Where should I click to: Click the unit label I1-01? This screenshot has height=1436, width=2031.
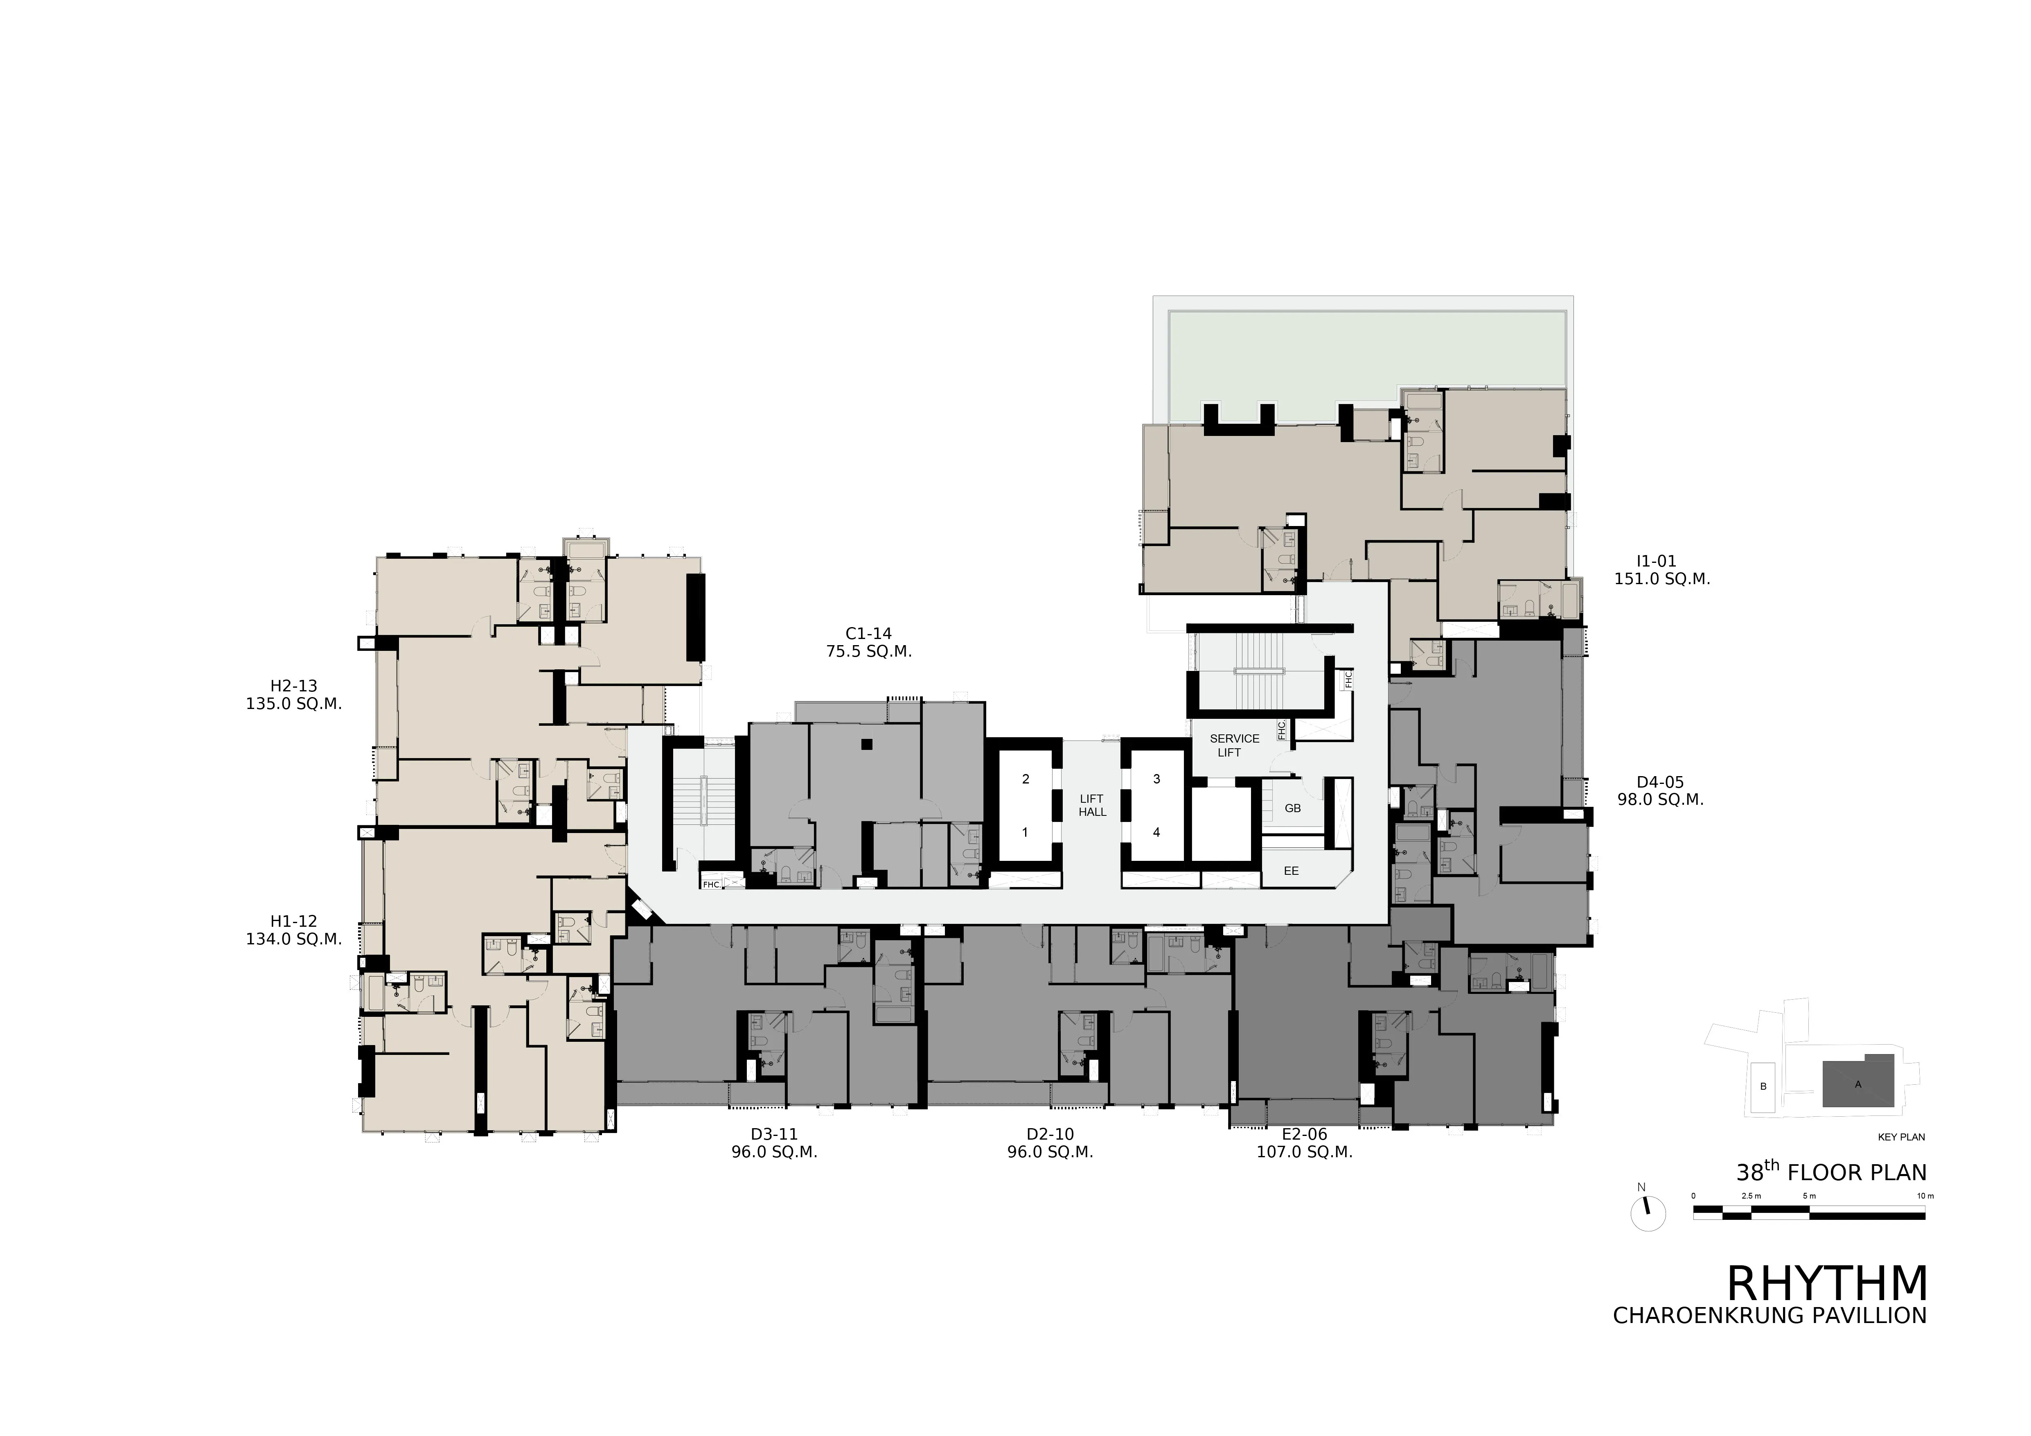tap(1656, 561)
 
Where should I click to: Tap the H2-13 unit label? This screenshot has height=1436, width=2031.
tap(294, 686)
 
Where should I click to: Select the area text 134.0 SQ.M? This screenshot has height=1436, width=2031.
tap(294, 939)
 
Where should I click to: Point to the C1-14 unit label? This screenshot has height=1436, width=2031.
tap(869, 634)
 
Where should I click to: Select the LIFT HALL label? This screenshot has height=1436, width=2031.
tap(1093, 805)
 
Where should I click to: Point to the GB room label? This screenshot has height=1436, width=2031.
tap(1292, 808)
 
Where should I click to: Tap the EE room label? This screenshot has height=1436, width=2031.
tap(1292, 871)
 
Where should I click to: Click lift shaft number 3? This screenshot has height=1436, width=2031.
tap(1156, 779)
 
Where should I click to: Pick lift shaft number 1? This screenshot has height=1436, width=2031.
tap(1025, 833)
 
